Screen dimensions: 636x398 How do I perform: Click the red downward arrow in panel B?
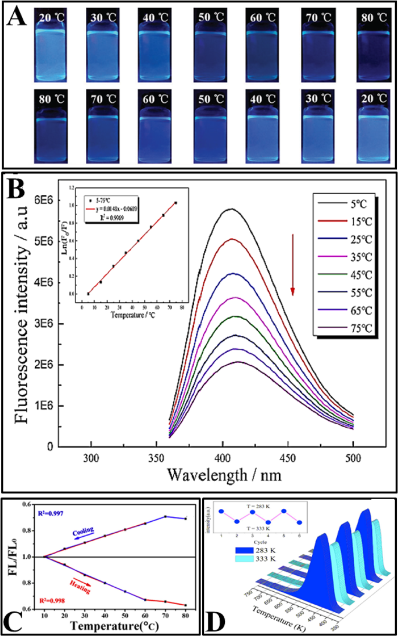coord(293,263)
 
